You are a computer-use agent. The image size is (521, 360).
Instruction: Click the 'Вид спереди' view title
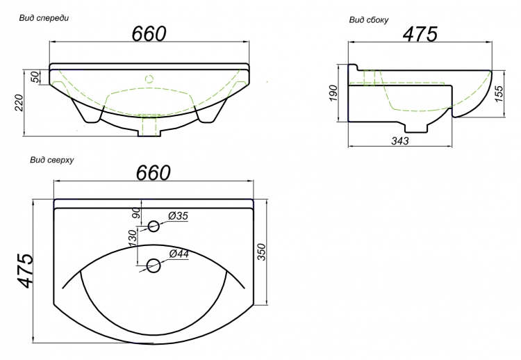[x=44, y=18]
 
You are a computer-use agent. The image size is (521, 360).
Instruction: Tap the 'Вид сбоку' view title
[x=368, y=20]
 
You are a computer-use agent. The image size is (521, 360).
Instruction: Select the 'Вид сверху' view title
[x=52, y=160]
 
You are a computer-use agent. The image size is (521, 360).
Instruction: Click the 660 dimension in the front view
[x=149, y=33]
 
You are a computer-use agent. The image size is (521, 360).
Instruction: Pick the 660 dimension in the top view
[x=154, y=172]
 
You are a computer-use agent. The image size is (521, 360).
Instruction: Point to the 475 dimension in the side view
[x=420, y=34]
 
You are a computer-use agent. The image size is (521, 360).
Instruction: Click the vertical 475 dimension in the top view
[x=25, y=270]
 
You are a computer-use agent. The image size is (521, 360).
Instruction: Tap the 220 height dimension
[x=19, y=103]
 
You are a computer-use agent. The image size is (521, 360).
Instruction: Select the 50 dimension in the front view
[x=35, y=77]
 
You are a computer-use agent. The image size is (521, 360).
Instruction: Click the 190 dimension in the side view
[x=333, y=93]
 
